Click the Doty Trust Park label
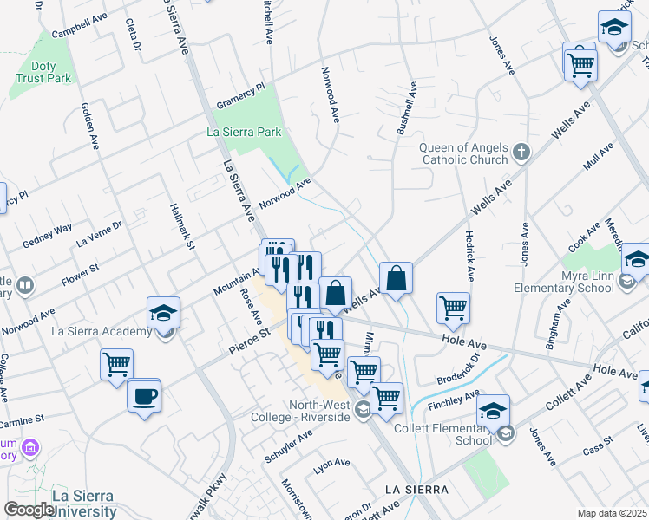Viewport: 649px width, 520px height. pos(43,71)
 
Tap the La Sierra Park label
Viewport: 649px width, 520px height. pos(244,133)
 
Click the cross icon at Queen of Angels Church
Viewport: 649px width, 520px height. pos(521,153)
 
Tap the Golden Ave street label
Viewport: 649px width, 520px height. pos(88,122)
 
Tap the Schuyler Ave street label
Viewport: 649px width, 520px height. pos(290,448)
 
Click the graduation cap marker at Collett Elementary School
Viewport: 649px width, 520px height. pos(493,410)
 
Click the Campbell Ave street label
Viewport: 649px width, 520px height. pos(79,24)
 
